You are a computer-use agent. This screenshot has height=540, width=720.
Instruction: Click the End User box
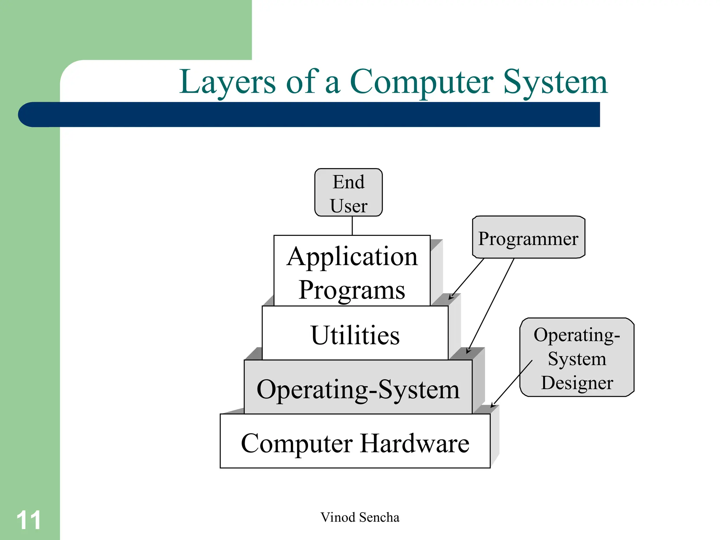tap(348, 192)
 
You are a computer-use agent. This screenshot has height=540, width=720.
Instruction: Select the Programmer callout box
tap(528, 237)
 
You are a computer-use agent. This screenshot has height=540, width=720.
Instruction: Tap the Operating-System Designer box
tap(577, 358)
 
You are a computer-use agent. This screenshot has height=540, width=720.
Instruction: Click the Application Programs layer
tap(352, 271)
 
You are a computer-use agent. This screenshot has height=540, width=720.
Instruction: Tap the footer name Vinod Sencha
tap(360, 517)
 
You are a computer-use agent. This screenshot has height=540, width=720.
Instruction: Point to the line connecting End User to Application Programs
tap(352, 226)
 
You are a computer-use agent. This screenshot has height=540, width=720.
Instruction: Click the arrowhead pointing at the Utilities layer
tap(450, 298)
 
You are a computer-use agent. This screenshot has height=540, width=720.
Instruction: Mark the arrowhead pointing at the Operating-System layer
tap(468, 351)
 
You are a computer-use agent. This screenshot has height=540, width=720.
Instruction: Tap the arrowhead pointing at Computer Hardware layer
tap(492, 406)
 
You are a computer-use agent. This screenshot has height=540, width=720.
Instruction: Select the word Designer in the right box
tap(577, 382)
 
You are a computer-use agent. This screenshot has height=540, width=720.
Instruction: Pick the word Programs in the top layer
tap(352, 290)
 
